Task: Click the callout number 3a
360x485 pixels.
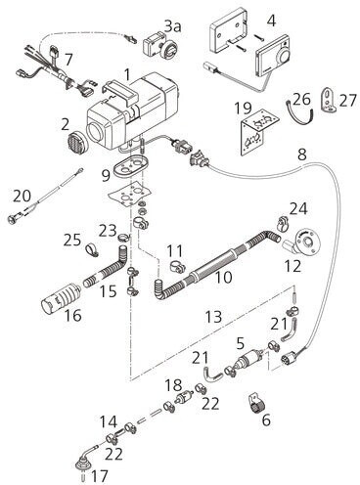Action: tap(172, 25)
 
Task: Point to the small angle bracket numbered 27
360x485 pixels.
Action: tap(329, 101)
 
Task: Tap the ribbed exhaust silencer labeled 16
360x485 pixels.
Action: tap(62, 298)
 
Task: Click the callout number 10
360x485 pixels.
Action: tap(224, 277)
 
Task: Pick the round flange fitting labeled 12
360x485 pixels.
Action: tap(303, 245)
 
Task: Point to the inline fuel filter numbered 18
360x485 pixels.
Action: tap(185, 397)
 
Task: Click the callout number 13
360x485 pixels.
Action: tap(214, 317)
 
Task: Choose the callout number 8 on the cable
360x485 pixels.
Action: tap(302, 154)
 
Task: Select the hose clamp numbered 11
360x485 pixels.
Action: tap(177, 267)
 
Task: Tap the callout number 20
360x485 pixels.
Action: tap(22, 196)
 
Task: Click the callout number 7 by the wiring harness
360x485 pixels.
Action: tap(68, 60)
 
